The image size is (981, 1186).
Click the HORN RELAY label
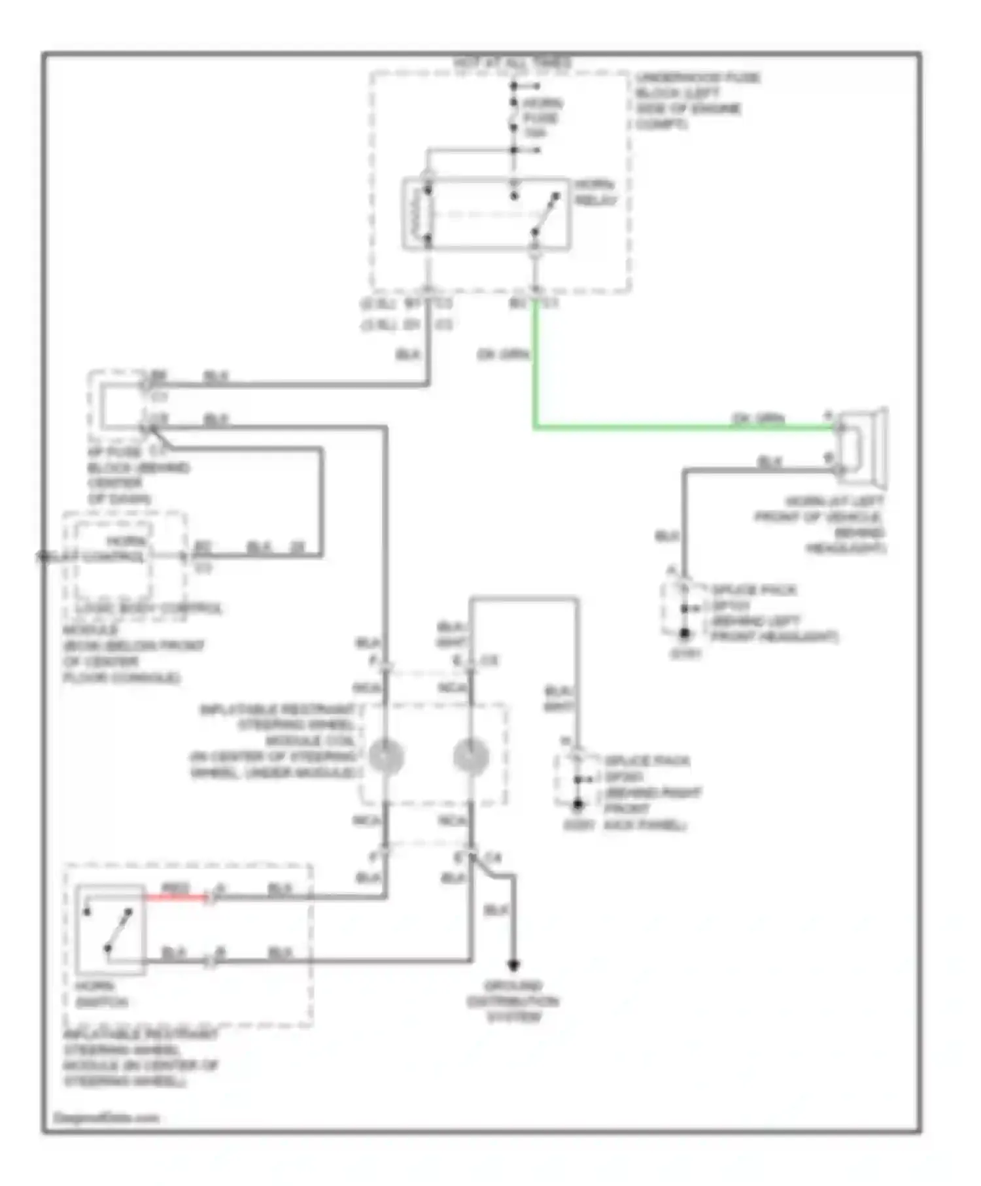(595, 192)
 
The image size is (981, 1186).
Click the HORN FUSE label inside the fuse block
(542, 118)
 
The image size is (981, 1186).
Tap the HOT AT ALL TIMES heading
(512, 63)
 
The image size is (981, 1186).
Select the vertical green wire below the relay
(536, 366)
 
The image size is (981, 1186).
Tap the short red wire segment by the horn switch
(175, 898)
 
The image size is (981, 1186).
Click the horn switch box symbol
(110, 930)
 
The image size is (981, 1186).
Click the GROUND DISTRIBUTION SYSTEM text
(513, 1001)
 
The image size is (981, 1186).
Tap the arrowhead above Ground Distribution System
(513, 965)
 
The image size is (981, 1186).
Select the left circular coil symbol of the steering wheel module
(386, 756)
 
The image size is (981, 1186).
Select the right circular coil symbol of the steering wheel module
(471, 756)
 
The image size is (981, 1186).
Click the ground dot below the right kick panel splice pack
(577, 805)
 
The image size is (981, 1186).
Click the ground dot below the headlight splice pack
(684, 634)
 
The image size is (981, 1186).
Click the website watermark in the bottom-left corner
(106, 1117)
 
